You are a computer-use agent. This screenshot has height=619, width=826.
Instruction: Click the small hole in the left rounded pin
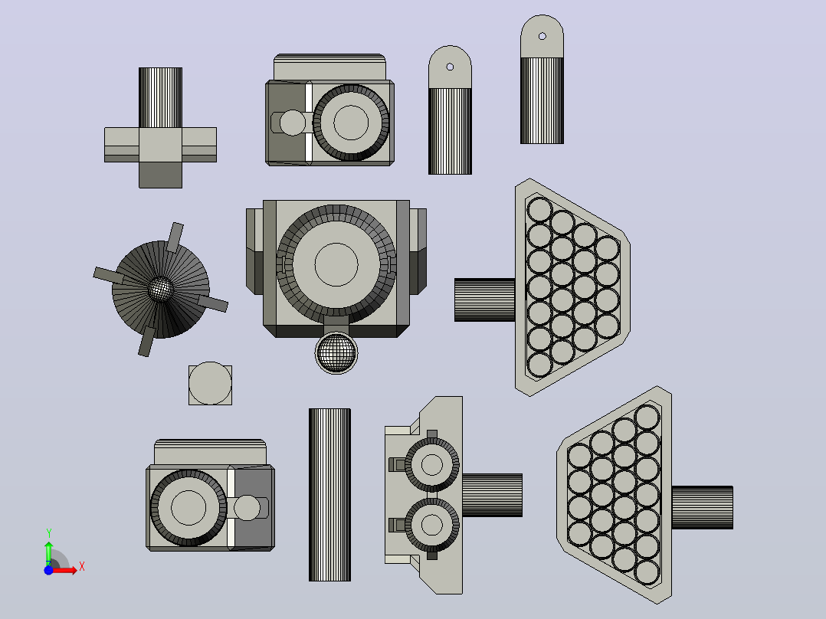coord(450,67)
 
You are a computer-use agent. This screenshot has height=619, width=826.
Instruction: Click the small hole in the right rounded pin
coord(542,36)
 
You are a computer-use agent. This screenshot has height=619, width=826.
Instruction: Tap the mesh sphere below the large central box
coord(336,353)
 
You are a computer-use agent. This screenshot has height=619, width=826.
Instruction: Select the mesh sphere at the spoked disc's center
coord(161,289)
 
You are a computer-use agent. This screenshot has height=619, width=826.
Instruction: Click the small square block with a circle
coord(210,384)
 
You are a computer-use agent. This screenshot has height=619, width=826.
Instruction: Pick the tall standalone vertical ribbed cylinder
coord(329,495)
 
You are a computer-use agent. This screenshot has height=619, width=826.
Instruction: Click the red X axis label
coord(82,567)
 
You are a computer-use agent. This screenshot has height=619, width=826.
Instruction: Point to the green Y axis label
coord(48,533)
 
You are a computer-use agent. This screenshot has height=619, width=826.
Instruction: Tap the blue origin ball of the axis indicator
coord(48,571)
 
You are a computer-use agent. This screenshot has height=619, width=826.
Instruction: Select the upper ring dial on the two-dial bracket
coord(432,465)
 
